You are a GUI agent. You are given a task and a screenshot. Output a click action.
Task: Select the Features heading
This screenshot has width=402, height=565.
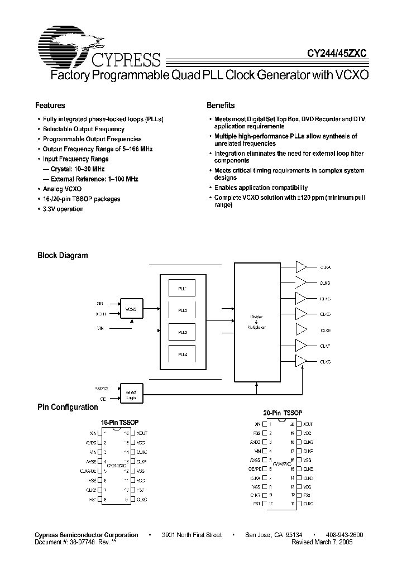point(50,106)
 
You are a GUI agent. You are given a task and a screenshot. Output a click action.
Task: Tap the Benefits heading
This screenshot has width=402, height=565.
point(221,106)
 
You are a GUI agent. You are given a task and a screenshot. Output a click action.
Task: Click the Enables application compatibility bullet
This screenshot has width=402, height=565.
point(261,188)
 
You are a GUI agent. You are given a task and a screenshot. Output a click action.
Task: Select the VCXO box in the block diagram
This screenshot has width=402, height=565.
point(132,308)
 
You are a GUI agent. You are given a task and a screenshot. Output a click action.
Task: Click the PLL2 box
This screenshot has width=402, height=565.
point(183,310)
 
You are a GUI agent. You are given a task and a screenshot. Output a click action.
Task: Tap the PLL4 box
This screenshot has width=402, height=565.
point(183,354)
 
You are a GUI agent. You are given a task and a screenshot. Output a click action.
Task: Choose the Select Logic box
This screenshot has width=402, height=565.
point(132,395)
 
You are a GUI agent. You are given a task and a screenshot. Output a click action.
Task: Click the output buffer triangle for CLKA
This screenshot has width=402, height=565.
point(301,267)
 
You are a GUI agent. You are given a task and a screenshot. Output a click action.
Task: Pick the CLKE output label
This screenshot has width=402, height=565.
point(326,330)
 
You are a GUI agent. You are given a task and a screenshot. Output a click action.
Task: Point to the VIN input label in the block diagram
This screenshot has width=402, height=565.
point(100,330)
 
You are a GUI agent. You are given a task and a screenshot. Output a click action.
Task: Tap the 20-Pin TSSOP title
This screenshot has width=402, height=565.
point(283,413)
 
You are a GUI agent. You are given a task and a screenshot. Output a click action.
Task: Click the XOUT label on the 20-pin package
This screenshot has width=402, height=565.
point(308,425)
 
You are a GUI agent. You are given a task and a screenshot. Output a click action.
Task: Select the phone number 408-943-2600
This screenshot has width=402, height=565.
point(343,535)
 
